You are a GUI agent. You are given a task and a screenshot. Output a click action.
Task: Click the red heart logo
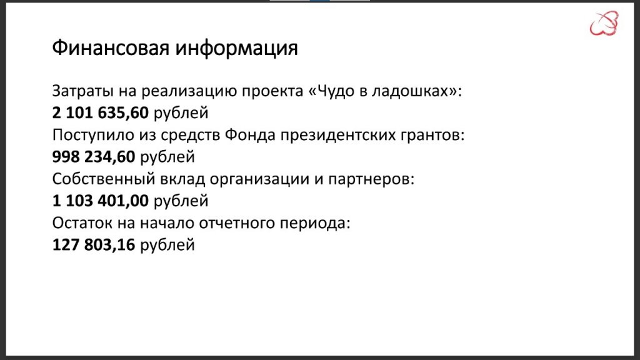pyautogui.click(x=604, y=24)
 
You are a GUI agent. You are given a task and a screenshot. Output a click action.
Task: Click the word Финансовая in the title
pyautogui.click(x=111, y=48)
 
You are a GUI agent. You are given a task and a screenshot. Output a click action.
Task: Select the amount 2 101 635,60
pyautogui.click(x=101, y=112)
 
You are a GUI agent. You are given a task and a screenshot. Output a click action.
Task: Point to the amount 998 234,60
pyautogui.click(x=94, y=157)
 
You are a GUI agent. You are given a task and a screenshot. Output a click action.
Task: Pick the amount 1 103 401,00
pyautogui.click(x=101, y=201)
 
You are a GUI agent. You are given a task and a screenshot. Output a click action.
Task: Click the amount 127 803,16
pyautogui.click(x=94, y=245)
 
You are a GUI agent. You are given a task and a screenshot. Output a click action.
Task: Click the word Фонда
pyautogui.click(x=250, y=135)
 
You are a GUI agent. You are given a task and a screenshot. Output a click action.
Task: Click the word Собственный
pyautogui.click(x=104, y=179)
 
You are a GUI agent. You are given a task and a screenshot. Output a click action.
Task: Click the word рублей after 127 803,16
pyautogui.click(x=167, y=245)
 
